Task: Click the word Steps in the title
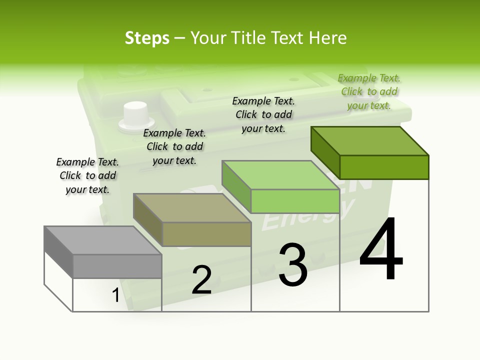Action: click(147, 38)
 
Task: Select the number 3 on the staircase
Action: click(292, 265)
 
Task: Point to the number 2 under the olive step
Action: click(201, 280)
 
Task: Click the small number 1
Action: click(115, 295)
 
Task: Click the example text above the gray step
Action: click(87, 175)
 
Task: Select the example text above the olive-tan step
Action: click(174, 146)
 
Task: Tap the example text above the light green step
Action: click(263, 114)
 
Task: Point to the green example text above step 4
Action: click(369, 91)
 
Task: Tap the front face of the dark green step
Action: click(384, 167)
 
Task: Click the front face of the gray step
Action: click(117, 266)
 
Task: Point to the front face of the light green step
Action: click(295, 201)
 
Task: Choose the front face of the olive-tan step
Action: click(206, 234)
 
